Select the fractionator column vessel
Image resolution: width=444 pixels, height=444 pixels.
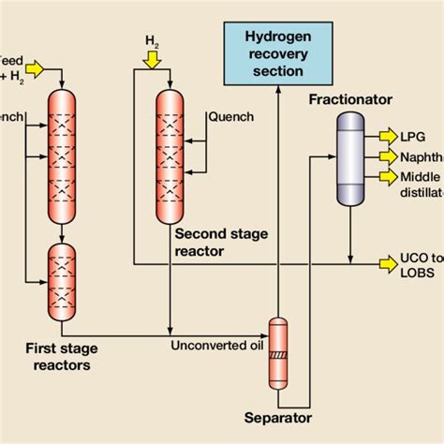(352, 157)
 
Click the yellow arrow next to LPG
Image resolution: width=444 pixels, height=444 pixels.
(385, 136)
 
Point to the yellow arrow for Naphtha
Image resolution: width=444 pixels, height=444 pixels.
(385, 156)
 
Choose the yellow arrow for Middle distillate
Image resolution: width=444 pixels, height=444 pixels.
(385, 176)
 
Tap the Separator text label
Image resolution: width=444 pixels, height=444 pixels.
(277, 419)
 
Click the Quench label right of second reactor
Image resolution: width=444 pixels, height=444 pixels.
(228, 117)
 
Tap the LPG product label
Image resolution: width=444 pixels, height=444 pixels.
(411, 136)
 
